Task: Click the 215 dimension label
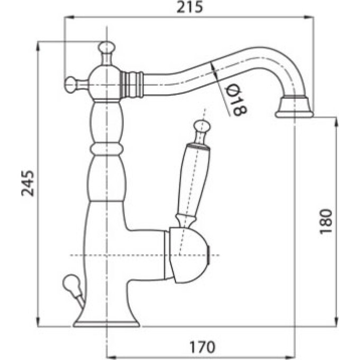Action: click(x=190, y=7)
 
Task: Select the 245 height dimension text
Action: click(x=28, y=184)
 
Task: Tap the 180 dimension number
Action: click(x=326, y=221)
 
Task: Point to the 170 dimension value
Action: click(x=202, y=347)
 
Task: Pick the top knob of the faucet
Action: click(x=106, y=47)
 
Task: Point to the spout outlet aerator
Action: click(x=294, y=107)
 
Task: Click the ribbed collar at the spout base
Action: click(x=131, y=85)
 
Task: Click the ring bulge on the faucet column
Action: click(x=105, y=149)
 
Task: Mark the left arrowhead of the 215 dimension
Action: click(x=69, y=17)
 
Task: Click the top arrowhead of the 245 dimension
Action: click(x=38, y=47)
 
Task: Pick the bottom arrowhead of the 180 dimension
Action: click(x=336, y=321)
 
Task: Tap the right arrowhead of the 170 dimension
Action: click(x=289, y=357)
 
